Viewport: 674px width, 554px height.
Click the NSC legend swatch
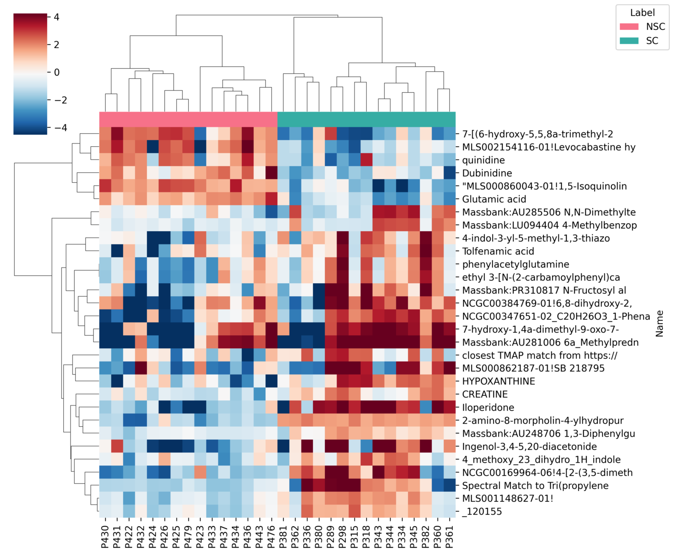pos(629,27)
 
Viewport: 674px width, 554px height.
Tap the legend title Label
pos(642,12)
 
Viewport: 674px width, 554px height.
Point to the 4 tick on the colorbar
pos(56,17)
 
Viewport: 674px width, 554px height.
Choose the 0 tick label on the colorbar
pos(56,72)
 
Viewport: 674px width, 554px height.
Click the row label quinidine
pos(483,160)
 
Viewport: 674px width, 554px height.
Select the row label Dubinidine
pos(487,173)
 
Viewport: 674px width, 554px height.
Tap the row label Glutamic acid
pos(494,199)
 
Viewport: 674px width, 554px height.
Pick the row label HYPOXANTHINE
pos(499,381)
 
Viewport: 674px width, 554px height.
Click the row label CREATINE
pos(485,394)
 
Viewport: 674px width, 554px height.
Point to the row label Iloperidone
pos(488,407)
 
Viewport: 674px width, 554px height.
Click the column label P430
pos(105,536)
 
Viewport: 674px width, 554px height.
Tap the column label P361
pos(449,536)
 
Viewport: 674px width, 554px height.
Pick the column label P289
pos(331,536)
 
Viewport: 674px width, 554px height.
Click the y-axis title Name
pos(659,323)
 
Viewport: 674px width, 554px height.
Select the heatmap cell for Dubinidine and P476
pos(271,173)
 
